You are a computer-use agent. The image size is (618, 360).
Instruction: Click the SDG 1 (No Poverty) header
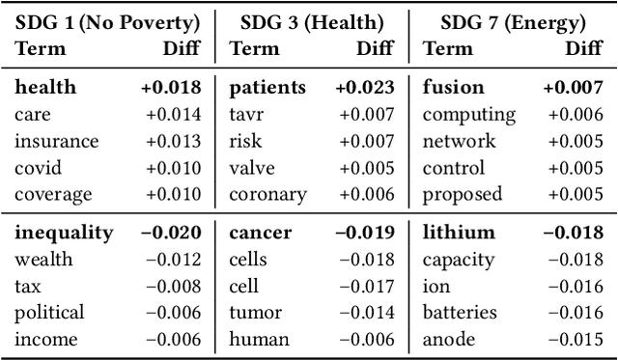click(108, 21)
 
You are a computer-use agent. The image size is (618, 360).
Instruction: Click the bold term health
click(45, 88)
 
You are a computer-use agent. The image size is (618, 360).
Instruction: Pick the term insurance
click(57, 141)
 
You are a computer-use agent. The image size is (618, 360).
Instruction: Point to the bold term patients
click(267, 88)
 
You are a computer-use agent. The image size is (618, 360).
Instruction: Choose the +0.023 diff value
click(365, 88)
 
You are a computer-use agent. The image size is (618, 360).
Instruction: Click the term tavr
click(247, 115)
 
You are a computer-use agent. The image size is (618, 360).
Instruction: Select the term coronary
click(267, 194)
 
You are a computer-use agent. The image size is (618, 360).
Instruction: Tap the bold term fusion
click(454, 88)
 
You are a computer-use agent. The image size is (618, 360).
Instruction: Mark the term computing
click(469, 115)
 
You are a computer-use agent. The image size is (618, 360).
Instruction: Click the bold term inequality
click(64, 233)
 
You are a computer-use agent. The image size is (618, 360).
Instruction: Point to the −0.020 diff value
click(171, 233)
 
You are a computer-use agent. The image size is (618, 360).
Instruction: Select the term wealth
click(43, 260)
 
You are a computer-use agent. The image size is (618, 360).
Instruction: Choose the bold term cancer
click(259, 233)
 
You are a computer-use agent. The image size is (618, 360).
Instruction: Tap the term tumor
click(255, 313)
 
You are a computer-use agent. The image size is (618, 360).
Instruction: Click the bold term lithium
click(459, 233)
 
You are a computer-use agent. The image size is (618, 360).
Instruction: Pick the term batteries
click(460, 313)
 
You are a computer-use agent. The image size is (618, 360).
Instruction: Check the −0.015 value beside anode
click(576, 339)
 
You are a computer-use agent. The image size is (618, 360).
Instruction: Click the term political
click(50, 313)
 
